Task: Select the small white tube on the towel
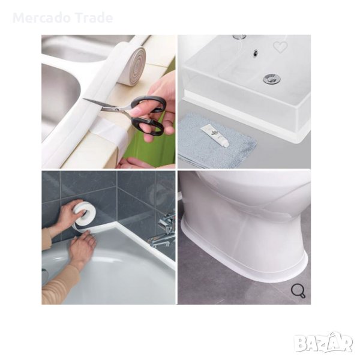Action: click(x=215, y=136)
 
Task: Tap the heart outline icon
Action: click(x=280, y=47)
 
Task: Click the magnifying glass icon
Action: click(x=298, y=291)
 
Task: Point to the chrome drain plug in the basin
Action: click(x=272, y=79)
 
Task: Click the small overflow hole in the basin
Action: click(x=255, y=53)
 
